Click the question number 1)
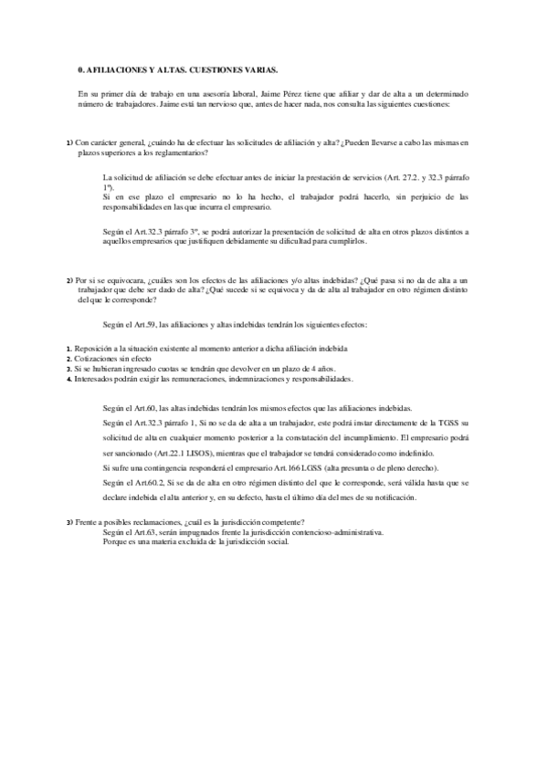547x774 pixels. pos(70,143)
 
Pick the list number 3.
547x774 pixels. pos(69,369)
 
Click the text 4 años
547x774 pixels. pos(262,369)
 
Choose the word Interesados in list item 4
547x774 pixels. pos(101,378)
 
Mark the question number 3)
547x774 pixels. pos(70,522)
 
